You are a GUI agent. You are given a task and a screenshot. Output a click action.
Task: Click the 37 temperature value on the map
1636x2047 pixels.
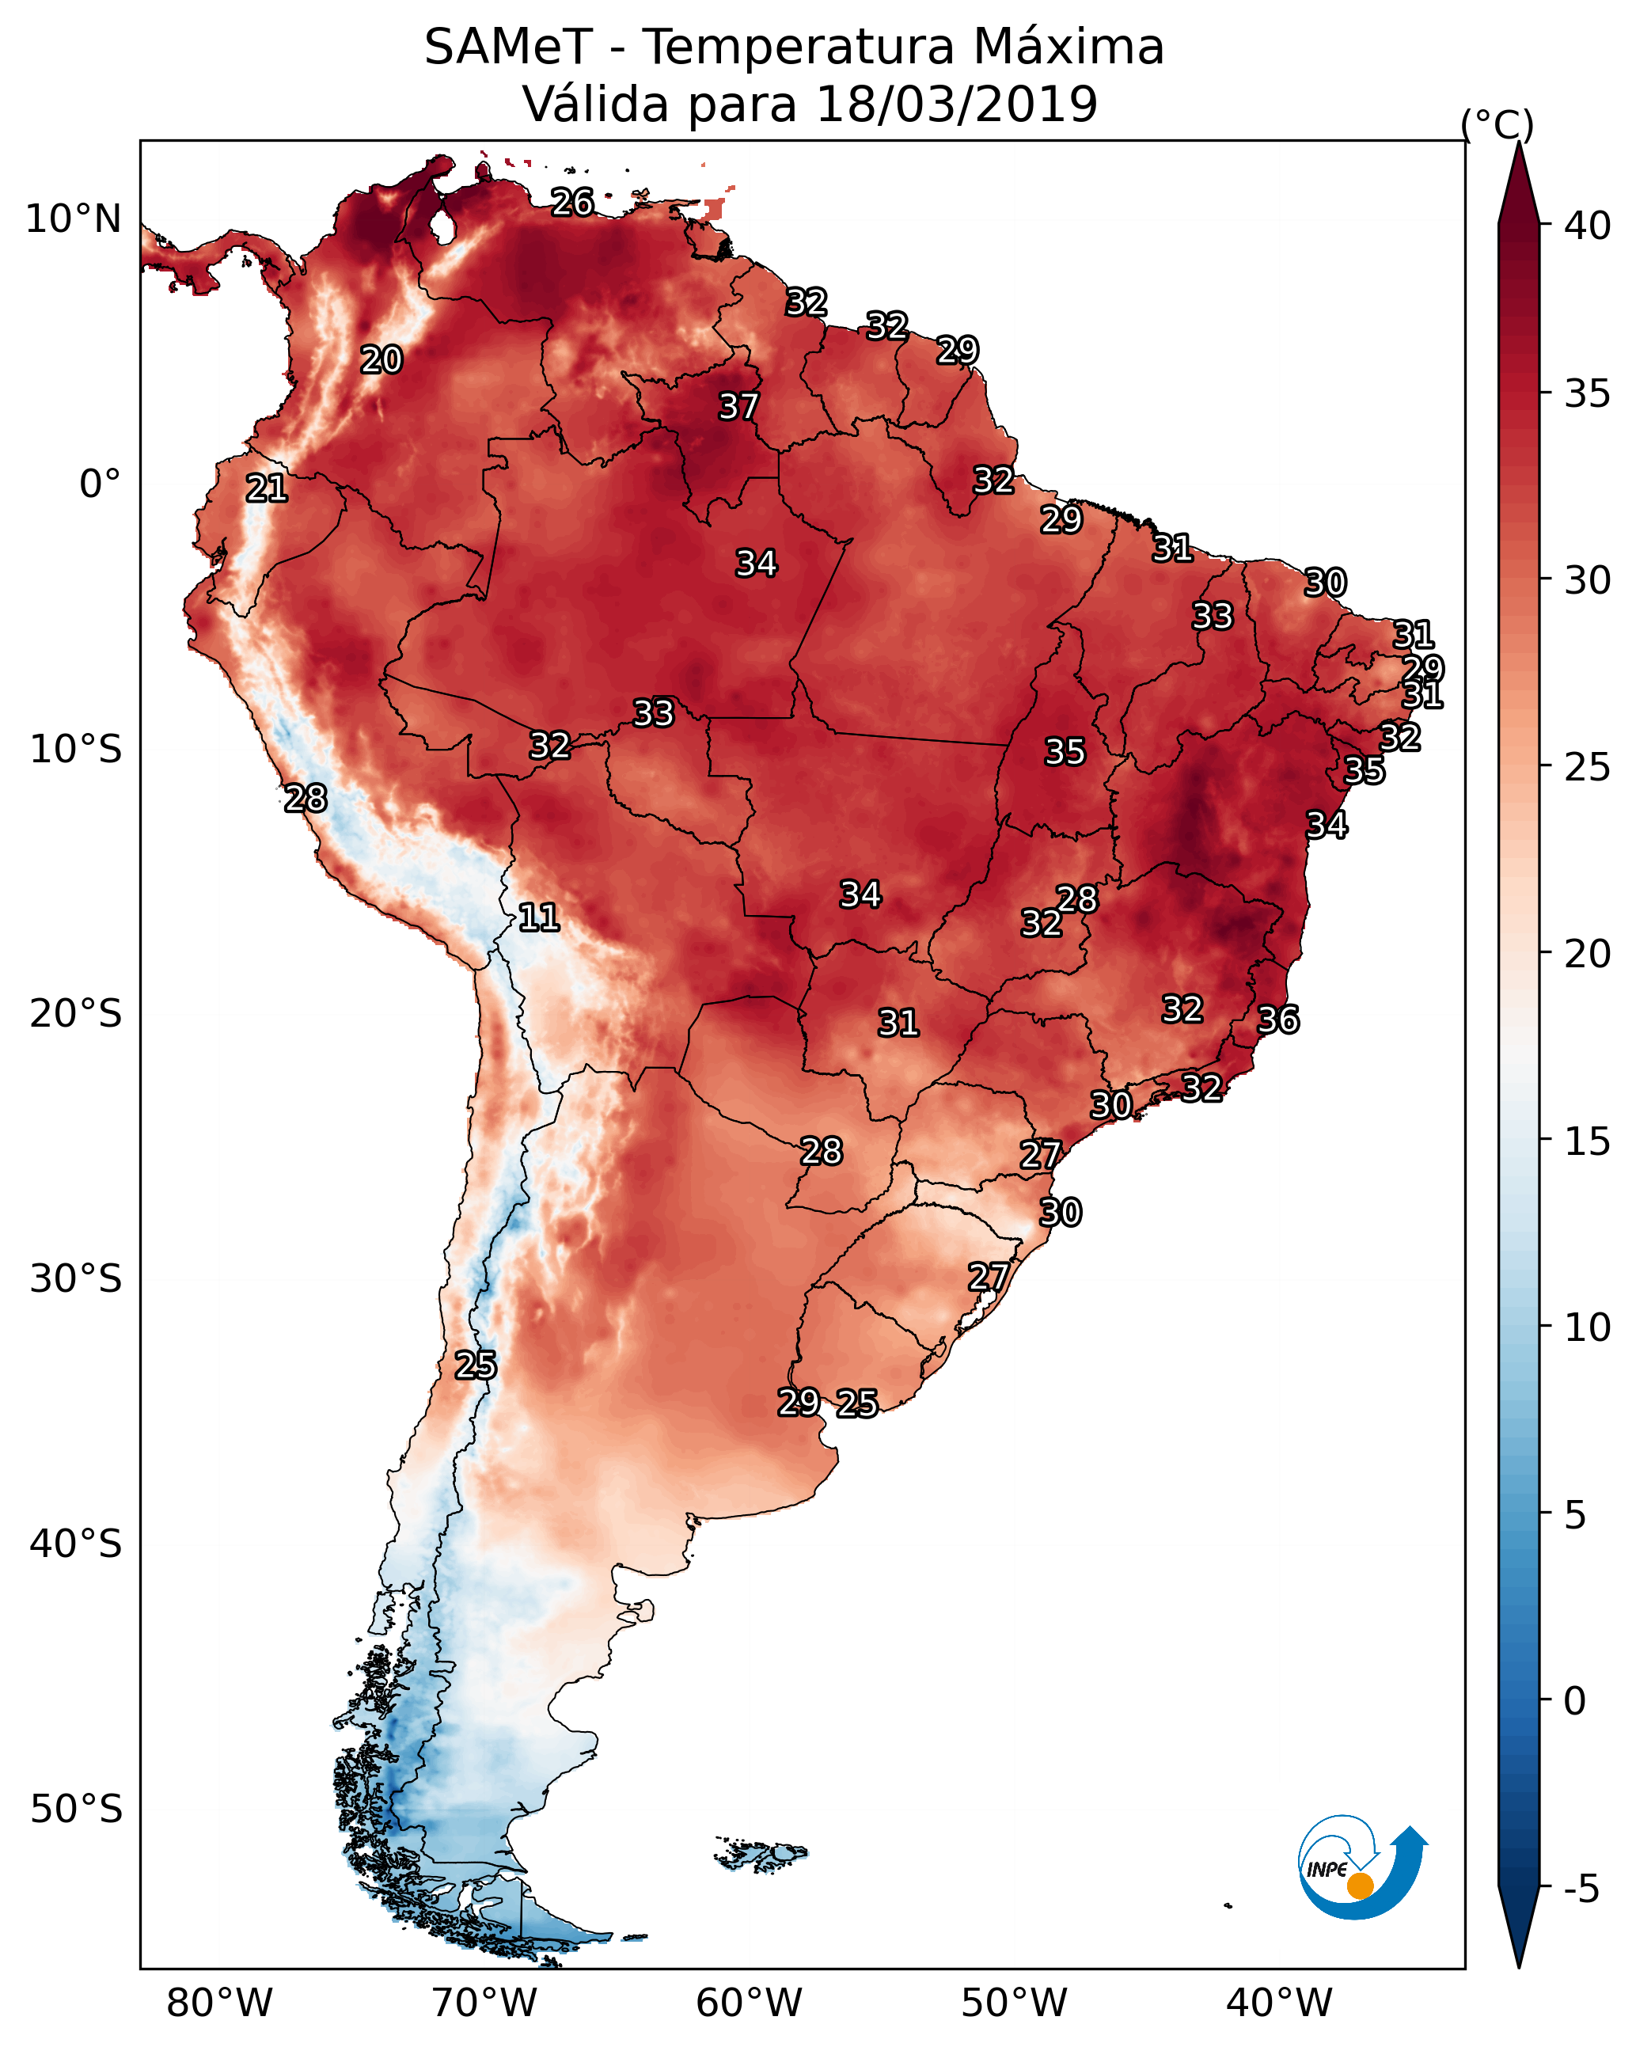tap(738, 406)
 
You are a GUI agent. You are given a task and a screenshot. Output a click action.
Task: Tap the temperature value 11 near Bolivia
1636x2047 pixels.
tap(538, 917)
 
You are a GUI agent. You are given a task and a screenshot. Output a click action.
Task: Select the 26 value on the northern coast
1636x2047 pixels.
tap(572, 202)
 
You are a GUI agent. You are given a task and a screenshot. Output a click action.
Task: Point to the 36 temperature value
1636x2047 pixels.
tap(1278, 1020)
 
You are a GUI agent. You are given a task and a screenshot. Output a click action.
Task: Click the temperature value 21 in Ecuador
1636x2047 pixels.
tap(267, 489)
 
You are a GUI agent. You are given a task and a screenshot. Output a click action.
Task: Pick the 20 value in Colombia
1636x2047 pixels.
tap(381, 360)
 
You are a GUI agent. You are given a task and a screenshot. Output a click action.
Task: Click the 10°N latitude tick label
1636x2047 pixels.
tap(73, 219)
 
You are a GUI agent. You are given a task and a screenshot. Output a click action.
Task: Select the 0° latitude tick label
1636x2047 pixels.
tap(100, 484)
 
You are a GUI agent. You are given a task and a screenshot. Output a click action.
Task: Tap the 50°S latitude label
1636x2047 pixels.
tap(76, 1810)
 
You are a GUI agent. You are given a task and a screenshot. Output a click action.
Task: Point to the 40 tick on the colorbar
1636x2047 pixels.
tap(1588, 226)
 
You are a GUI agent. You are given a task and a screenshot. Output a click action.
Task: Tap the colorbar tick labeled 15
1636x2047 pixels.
tap(1588, 1141)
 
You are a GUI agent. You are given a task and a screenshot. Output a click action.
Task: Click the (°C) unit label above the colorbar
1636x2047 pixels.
tap(1497, 124)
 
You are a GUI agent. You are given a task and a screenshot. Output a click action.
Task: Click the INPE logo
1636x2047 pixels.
tap(1360, 1869)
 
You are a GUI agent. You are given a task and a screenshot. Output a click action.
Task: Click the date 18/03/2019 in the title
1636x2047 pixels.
tap(956, 104)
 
